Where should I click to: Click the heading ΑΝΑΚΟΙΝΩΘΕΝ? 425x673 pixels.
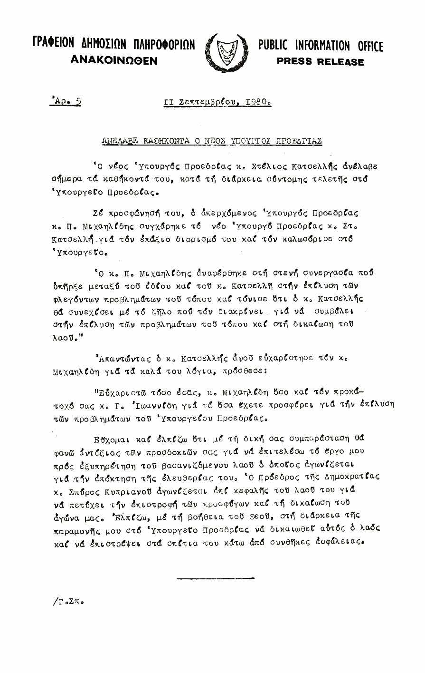pyautogui.click(x=113, y=60)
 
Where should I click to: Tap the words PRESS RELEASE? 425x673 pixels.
pyautogui.click(x=320, y=62)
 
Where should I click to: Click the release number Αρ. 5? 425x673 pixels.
pyautogui.click(x=66, y=101)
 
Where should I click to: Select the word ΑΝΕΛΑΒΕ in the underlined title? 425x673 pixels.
pyautogui.click(x=120, y=141)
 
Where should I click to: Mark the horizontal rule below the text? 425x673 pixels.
pyautogui.click(x=215, y=578)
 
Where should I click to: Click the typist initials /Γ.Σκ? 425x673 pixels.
pyautogui.click(x=68, y=601)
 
